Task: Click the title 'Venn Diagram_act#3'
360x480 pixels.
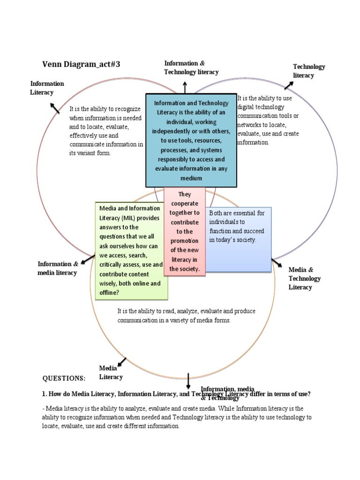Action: (x=81, y=65)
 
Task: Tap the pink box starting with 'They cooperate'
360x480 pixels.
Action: (x=185, y=232)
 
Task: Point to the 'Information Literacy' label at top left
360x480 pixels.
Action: (x=47, y=88)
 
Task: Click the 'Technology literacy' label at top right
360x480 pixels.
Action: (x=309, y=71)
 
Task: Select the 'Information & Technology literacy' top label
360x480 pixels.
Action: (x=191, y=67)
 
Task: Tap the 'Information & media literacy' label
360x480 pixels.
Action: (x=58, y=268)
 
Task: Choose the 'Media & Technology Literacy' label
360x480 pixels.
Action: (x=305, y=278)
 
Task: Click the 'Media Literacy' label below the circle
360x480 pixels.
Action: (x=111, y=373)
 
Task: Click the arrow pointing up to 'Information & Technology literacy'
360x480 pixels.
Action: (x=185, y=86)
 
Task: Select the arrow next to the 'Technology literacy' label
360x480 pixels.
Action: (x=288, y=85)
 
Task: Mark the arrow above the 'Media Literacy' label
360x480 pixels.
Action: (x=121, y=362)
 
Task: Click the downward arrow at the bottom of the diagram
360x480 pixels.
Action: (x=188, y=381)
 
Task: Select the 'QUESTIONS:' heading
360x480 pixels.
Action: (x=64, y=378)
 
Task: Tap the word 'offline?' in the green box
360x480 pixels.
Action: (x=109, y=292)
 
